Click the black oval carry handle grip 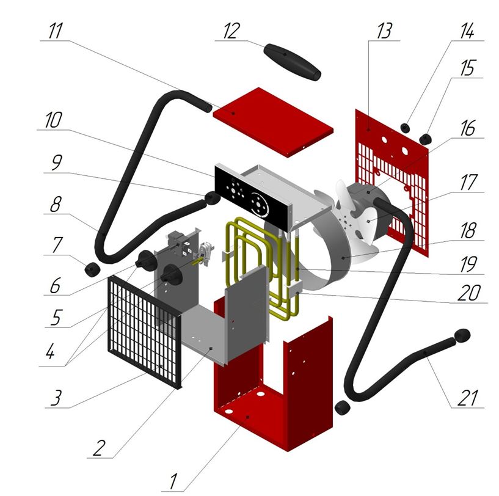click(292, 62)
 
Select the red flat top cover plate click(274, 121)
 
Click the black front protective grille click(145, 330)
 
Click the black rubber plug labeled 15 click(426, 139)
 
